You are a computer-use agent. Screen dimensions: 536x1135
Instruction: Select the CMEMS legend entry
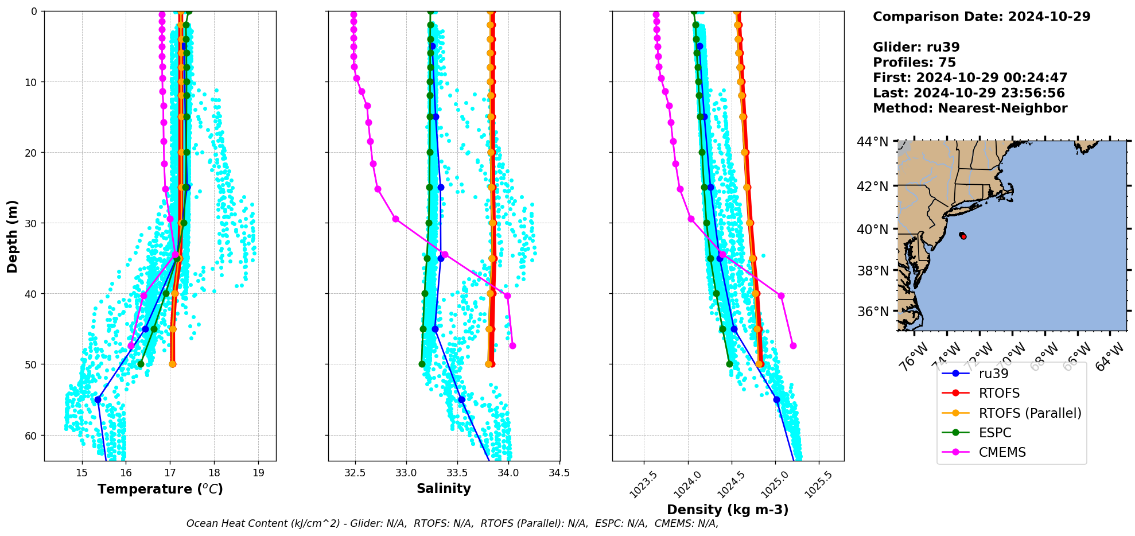coord(1002,452)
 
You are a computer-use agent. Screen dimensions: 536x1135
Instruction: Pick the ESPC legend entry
coord(995,433)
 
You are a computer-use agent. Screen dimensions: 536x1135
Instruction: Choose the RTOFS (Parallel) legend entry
coord(1029,413)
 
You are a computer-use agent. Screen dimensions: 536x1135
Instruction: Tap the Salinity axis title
coord(444,488)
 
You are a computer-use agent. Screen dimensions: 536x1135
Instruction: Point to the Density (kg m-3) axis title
coord(728,510)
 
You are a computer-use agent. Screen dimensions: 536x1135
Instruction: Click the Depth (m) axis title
coord(13,236)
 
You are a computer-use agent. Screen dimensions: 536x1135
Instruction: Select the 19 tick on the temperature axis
coord(258,472)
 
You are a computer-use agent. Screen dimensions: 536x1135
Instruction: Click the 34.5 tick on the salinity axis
coord(559,472)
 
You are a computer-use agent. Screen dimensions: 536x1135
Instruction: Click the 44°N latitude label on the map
coord(872,142)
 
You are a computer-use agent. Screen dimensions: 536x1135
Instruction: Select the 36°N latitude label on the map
coord(872,312)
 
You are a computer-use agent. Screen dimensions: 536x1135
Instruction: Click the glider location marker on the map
coord(963,236)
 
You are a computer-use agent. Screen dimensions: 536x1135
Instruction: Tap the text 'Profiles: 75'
coord(914,63)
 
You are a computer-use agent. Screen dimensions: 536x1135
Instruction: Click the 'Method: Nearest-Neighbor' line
coord(970,108)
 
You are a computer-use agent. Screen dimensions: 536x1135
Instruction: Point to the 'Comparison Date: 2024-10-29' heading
coord(981,17)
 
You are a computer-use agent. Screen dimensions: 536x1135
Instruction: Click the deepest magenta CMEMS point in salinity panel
coord(512,345)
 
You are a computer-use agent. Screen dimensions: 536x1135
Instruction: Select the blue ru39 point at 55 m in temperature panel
coord(98,399)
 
